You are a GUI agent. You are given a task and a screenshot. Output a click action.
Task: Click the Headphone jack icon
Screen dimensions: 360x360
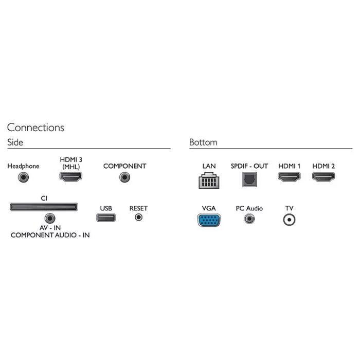tap(23, 177)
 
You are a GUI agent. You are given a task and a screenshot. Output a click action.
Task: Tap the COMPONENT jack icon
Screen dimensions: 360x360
tap(124, 177)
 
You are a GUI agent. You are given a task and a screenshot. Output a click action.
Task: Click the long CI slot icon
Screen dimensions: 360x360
tap(44, 207)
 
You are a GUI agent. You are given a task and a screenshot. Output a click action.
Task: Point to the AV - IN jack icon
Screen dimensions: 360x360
tap(50, 218)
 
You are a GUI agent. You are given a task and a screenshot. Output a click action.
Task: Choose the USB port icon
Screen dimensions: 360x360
tap(106, 217)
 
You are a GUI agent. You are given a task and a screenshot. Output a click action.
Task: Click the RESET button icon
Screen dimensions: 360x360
tap(138, 217)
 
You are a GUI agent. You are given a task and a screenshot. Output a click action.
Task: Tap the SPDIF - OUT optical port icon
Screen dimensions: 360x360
tap(249, 178)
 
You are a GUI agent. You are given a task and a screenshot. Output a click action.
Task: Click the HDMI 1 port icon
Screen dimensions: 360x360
tap(289, 177)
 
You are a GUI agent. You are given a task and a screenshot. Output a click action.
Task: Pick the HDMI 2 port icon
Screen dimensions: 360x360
tap(323, 177)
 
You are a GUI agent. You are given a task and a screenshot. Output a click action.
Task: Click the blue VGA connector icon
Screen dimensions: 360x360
tap(208, 220)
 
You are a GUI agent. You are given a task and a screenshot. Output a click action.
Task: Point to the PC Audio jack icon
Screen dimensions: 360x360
tap(249, 219)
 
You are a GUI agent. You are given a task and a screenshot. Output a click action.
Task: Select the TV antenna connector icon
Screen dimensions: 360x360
tap(290, 220)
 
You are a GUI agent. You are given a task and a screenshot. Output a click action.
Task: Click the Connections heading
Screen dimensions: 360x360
tap(35, 128)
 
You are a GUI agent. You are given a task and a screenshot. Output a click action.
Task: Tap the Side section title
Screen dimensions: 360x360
tap(15, 142)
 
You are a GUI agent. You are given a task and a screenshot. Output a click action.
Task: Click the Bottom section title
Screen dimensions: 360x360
tap(203, 142)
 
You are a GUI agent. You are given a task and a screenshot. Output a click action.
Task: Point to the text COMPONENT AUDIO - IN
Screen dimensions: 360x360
tap(50, 235)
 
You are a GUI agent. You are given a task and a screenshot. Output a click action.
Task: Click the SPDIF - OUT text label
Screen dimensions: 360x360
tap(249, 166)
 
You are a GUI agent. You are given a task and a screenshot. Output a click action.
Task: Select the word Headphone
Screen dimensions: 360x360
tap(23, 166)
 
